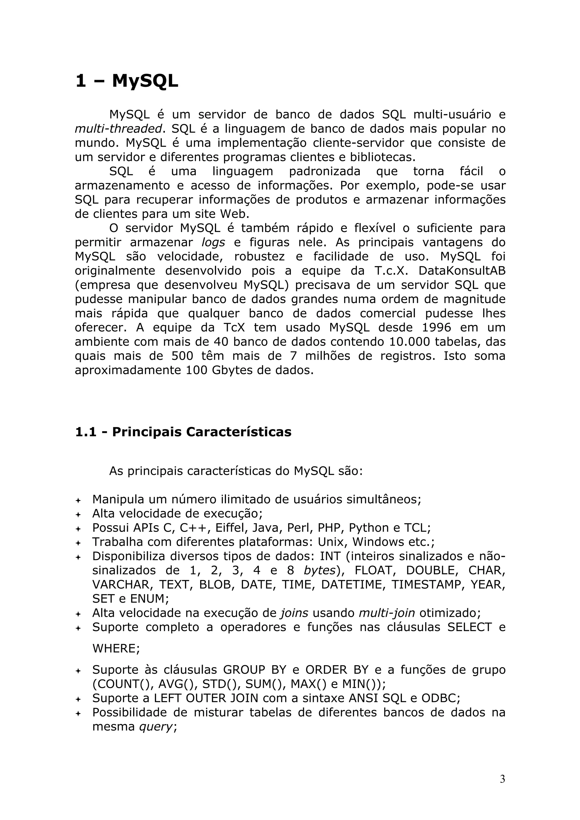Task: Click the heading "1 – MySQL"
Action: pyautogui.click(x=127, y=81)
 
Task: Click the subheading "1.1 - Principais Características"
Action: pyautogui.click(x=183, y=432)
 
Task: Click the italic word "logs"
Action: pyautogui.click(x=213, y=242)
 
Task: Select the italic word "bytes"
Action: pyautogui.click(x=319, y=570)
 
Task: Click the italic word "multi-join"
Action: pyautogui.click(x=387, y=613)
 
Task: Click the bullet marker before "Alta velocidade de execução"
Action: pyautogui.click(x=78, y=515)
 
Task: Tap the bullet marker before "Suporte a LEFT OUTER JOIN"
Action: pyautogui.click(x=78, y=699)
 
